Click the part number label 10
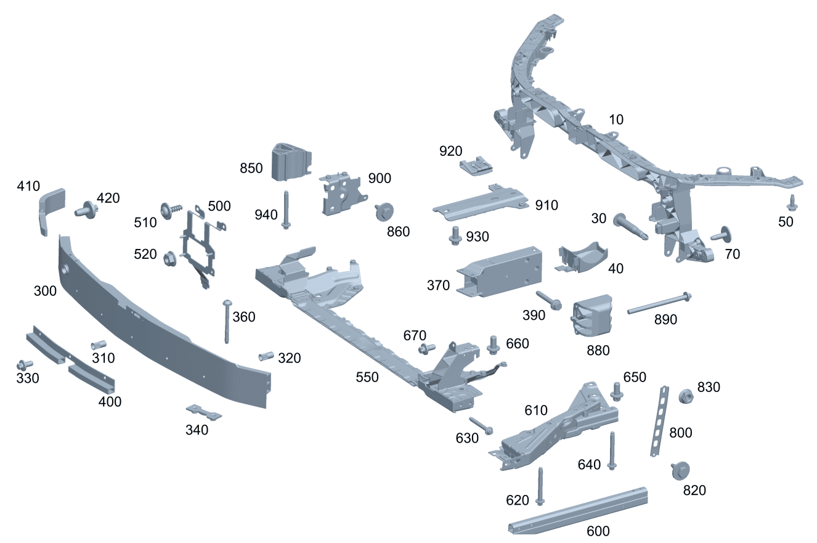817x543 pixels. point(616,120)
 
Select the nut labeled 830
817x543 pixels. point(685,396)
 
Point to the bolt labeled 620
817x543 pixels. point(541,486)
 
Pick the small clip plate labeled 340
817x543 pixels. point(204,412)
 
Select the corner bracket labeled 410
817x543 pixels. point(52,208)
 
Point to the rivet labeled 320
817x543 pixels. point(265,356)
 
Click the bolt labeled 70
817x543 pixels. point(720,235)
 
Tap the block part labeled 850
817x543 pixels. point(290,161)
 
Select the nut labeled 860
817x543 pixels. point(384,211)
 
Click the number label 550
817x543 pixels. point(367,377)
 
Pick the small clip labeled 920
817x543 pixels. point(476,165)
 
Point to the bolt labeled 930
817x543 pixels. point(455,234)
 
